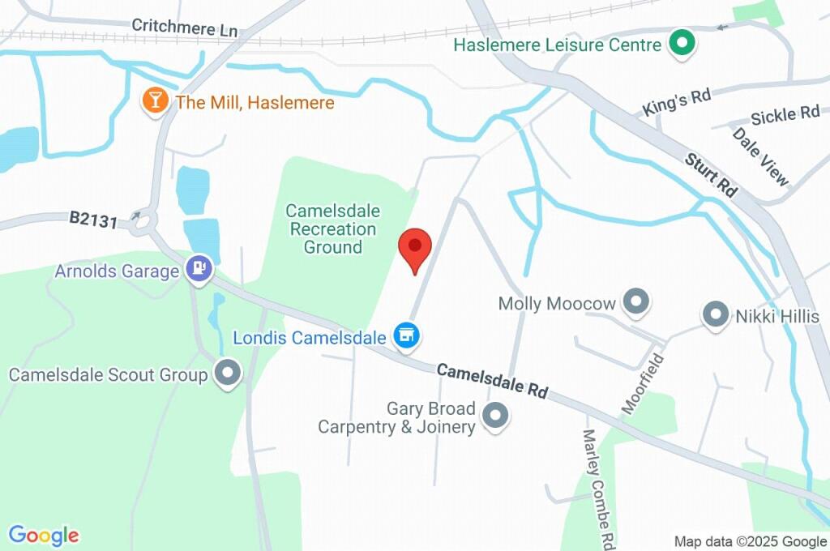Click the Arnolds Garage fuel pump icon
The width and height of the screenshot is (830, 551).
[x=199, y=269]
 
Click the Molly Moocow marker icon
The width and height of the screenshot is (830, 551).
[x=636, y=303]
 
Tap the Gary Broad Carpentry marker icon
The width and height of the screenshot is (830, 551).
[x=494, y=416]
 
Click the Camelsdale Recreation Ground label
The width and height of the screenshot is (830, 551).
[x=333, y=229]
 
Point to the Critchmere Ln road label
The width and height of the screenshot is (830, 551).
[x=184, y=28]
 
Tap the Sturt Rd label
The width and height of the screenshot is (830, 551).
[x=711, y=173]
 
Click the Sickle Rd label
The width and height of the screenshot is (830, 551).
[x=785, y=114]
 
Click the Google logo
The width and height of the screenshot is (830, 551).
[x=44, y=535]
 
